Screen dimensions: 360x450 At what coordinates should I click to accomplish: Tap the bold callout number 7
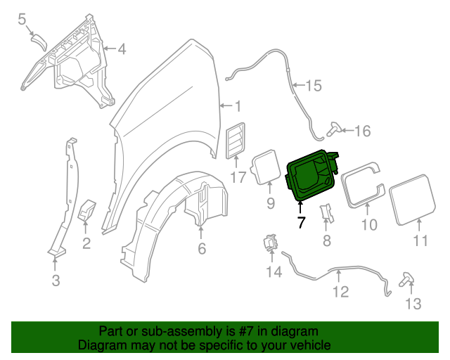click(301, 223)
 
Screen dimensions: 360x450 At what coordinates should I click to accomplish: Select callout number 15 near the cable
click(313, 86)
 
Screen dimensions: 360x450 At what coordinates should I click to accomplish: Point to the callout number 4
click(121, 49)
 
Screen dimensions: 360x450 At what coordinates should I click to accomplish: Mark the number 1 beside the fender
click(237, 107)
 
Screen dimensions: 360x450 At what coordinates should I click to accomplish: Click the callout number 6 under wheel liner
click(201, 248)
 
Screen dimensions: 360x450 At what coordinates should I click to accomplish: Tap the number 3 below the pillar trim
click(55, 281)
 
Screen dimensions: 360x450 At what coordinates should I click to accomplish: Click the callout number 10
click(369, 225)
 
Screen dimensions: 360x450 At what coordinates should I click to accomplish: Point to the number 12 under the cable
click(340, 291)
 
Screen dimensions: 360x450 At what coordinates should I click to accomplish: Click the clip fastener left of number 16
click(335, 129)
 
